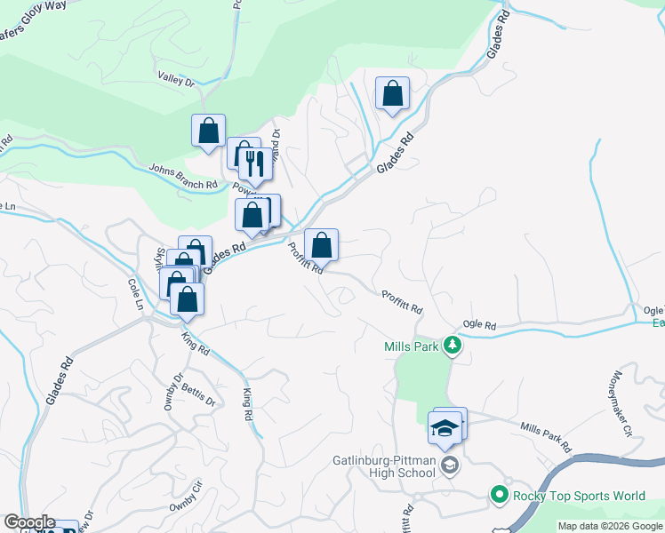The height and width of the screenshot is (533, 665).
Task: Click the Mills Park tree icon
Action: [x=453, y=346]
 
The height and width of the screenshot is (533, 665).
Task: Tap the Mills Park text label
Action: [x=411, y=346]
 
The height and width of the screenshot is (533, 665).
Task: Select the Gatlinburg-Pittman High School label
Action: [x=384, y=466]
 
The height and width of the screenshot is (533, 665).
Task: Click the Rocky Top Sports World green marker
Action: [x=499, y=495]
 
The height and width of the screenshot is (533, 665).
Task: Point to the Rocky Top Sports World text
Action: [x=577, y=496]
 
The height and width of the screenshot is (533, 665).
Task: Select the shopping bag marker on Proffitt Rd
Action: [x=321, y=244]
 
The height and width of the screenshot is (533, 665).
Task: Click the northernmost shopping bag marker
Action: [x=392, y=93]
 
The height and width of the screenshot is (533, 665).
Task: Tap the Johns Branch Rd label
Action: [x=183, y=176]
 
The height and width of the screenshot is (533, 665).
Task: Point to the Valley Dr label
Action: [x=175, y=80]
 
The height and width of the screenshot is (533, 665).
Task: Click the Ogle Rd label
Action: [x=478, y=326]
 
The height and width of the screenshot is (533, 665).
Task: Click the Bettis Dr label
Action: [x=198, y=395]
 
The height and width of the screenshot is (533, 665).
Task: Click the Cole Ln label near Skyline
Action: [x=135, y=294]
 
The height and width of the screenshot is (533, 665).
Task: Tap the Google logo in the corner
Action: [x=29, y=522]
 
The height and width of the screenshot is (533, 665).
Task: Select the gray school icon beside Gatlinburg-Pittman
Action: [x=451, y=465]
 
